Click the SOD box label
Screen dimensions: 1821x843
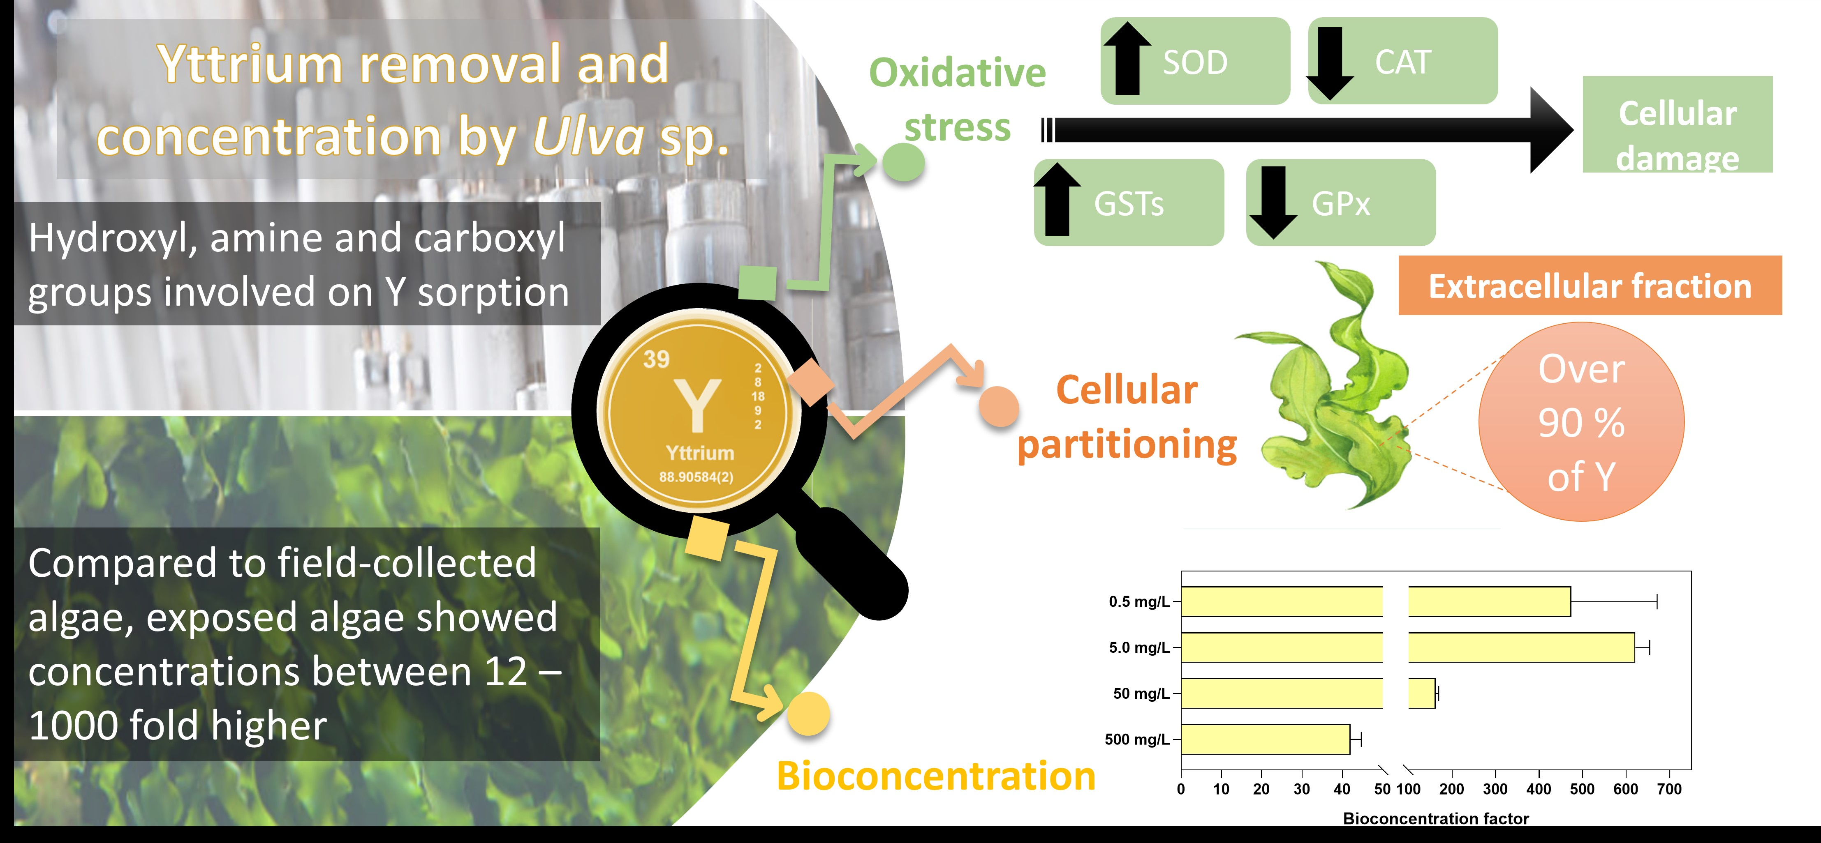pyautogui.click(x=1195, y=62)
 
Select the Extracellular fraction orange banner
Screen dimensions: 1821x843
pyautogui.click(x=1590, y=286)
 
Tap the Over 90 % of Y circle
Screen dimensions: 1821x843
pyautogui.click(x=1581, y=422)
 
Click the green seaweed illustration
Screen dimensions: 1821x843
pyautogui.click(x=1333, y=396)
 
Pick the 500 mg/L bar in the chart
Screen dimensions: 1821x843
pyautogui.click(x=1266, y=739)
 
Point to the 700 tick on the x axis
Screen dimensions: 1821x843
pyautogui.click(x=1669, y=789)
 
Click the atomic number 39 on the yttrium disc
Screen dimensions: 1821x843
pyautogui.click(x=656, y=359)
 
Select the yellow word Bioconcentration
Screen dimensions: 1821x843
pyautogui.click(x=936, y=776)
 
